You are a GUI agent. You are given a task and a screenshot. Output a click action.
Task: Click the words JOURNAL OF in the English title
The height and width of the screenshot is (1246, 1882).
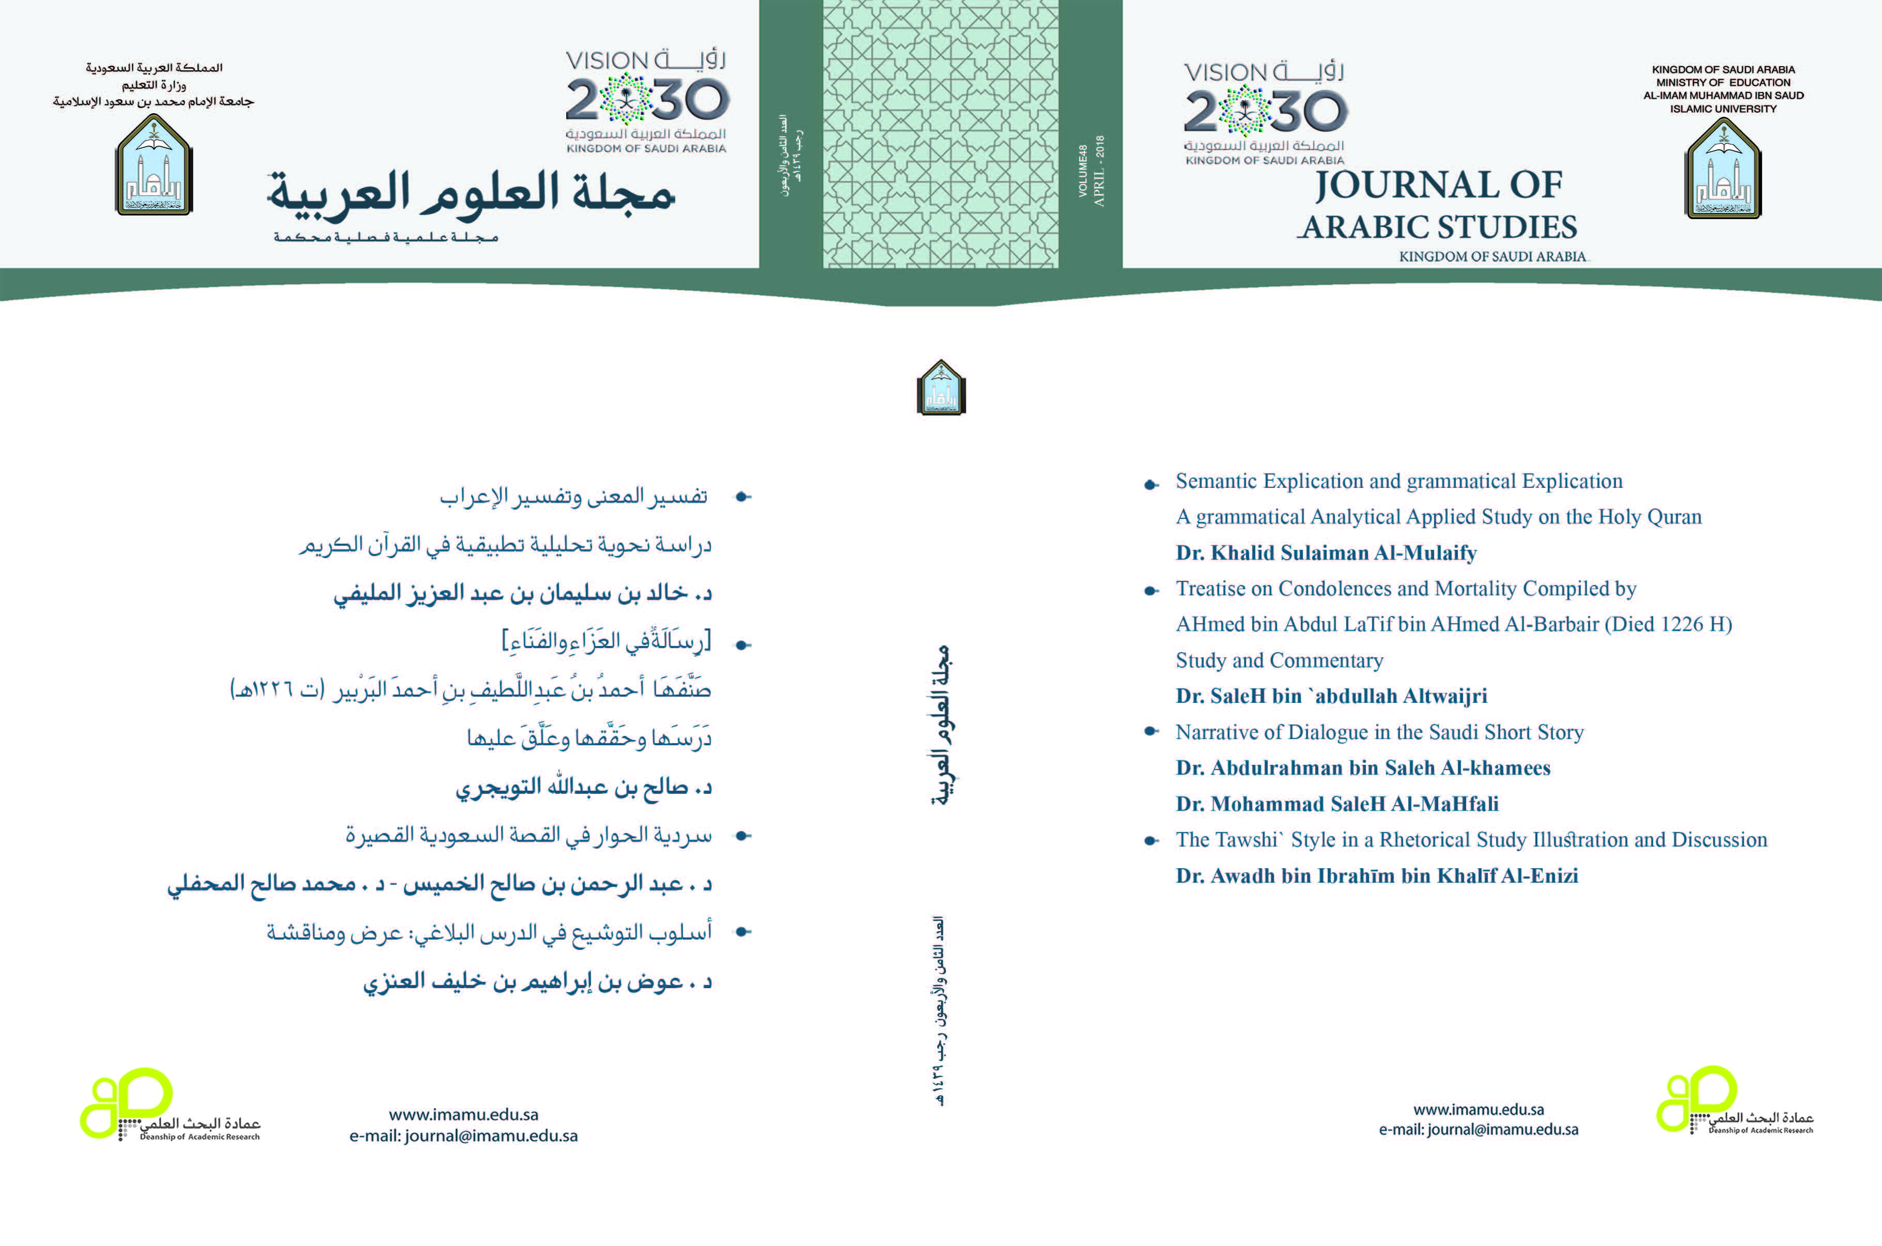pyautogui.click(x=1438, y=185)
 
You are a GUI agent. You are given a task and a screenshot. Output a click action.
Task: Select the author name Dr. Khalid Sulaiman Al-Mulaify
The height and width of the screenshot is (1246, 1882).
pyautogui.click(x=1326, y=553)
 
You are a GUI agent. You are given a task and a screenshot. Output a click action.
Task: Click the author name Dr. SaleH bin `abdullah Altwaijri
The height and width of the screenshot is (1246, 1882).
pyautogui.click(x=1331, y=696)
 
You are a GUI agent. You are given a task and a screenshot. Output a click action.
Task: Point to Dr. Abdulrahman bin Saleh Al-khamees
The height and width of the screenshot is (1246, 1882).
pyautogui.click(x=1362, y=767)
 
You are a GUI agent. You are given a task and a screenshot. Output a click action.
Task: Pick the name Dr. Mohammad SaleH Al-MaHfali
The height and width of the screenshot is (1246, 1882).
pyautogui.click(x=1337, y=804)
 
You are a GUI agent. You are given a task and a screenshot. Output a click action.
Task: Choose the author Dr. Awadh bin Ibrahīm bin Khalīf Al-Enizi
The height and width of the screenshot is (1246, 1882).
pyautogui.click(x=1377, y=875)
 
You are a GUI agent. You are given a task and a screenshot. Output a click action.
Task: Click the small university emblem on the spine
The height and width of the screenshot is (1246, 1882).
pyautogui.click(x=941, y=388)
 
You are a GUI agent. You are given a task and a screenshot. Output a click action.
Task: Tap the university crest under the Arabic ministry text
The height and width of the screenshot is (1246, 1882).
pyautogui.click(x=154, y=165)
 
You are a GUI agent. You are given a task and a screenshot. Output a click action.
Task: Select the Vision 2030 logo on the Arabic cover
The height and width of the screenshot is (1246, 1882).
pyautogui.click(x=647, y=102)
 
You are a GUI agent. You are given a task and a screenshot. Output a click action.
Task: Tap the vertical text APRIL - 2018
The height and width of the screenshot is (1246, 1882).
pyautogui.click(x=1099, y=172)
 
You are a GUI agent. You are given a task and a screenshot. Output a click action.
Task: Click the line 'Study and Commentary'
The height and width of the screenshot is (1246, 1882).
pyautogui.click(x=1279, y=660)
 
